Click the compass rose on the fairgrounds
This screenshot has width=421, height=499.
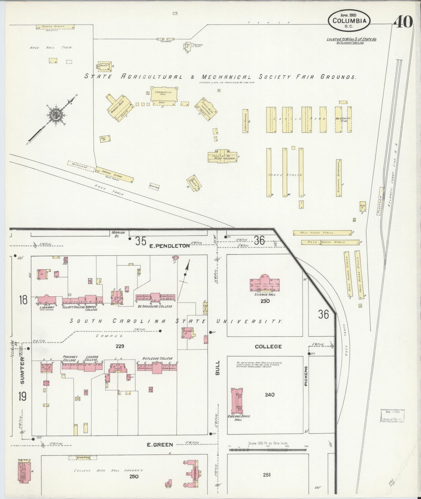[56, 114]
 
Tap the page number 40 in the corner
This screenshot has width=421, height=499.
[403, 22]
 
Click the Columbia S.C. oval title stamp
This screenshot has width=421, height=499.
[349, 21]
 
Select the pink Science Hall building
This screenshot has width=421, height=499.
[265, 283]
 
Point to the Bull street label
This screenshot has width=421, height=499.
[217, 368]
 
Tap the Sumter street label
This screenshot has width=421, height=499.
[22, 370]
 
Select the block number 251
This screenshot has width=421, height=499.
[266, 475]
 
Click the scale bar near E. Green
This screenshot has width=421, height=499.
[268, 450]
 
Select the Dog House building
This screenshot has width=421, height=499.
[105, 139]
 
